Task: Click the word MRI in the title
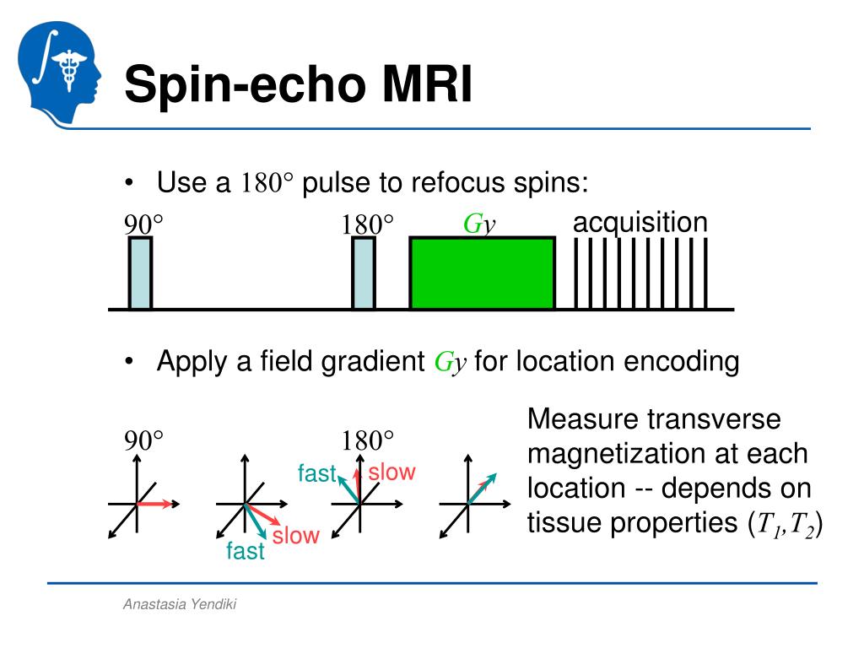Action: pyautogui.click(x=427, y=84)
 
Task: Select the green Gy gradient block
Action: pyautogui.click(x=482, y=273)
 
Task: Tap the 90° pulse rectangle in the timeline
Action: pyautogui.click(x=141, y=273)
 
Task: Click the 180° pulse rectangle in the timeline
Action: pyautogui.click(x=363, y=273)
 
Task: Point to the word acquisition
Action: pyautogui.click(x=640, y=223)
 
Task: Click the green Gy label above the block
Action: pyautogui.click(x=479, y=224)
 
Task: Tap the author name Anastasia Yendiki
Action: pyautogui.click(x=180, y=604)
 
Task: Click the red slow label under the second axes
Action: pyautogui.click(x=296, y=535)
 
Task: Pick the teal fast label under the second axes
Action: pyautogui.click(x=246, y=550)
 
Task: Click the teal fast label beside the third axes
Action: pyautogui.click(x=317, y=473)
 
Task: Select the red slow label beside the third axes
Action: pyautogui.click(x=391, y=472)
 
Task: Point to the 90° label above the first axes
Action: pyautogui.click(x=143, y=440)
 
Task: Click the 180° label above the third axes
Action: pyautogui.click(x=368, y=440)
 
